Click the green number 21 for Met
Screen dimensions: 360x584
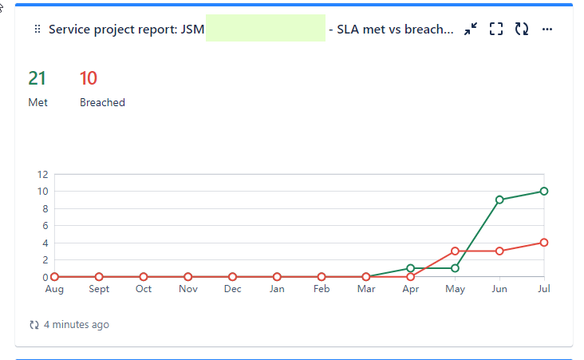pyautogui.click(x=37, y=78)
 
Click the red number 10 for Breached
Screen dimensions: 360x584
pyautogui.click(x=89, y=78)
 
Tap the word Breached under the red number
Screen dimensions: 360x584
pyautogui.click(x=102, y=102)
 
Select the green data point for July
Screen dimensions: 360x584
pyautogui.click(x=544, y=191)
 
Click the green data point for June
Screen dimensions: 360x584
pyautogui.click(x=499, y=200)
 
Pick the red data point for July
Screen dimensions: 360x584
pyautogui.click(x=544, y=243)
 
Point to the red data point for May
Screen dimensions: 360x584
pyautogui.click(x=455, y=251)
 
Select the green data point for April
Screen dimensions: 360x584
pyautogui.click(x=410, y=268)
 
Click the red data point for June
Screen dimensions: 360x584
pyautogui.click(x=499, y=251)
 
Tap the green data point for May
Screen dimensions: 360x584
pyautogui.click(x=455, y=268)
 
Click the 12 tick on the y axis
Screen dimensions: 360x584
pyautogui.click(x=43, y=174)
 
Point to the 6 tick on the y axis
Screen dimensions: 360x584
pyautogui.click(x=45, y=226)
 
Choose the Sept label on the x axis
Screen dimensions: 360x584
pyautogui.click(x=99, y=289)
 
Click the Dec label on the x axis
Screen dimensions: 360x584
pyautogui.click(x=232, y=289)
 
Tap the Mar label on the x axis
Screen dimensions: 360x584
pyautogui.click(x=365, y=289)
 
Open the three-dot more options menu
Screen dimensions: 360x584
pyautogui.click(x=547, y=30)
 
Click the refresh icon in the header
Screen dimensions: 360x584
pyautogui.click(x=522, y=30)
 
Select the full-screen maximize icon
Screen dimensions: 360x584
pyautogui.click(x=496, y=30)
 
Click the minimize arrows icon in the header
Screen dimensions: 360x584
pyautogui.click(x=471, y=30)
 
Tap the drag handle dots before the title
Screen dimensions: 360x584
pyautogui.click(x=37, y=30)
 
